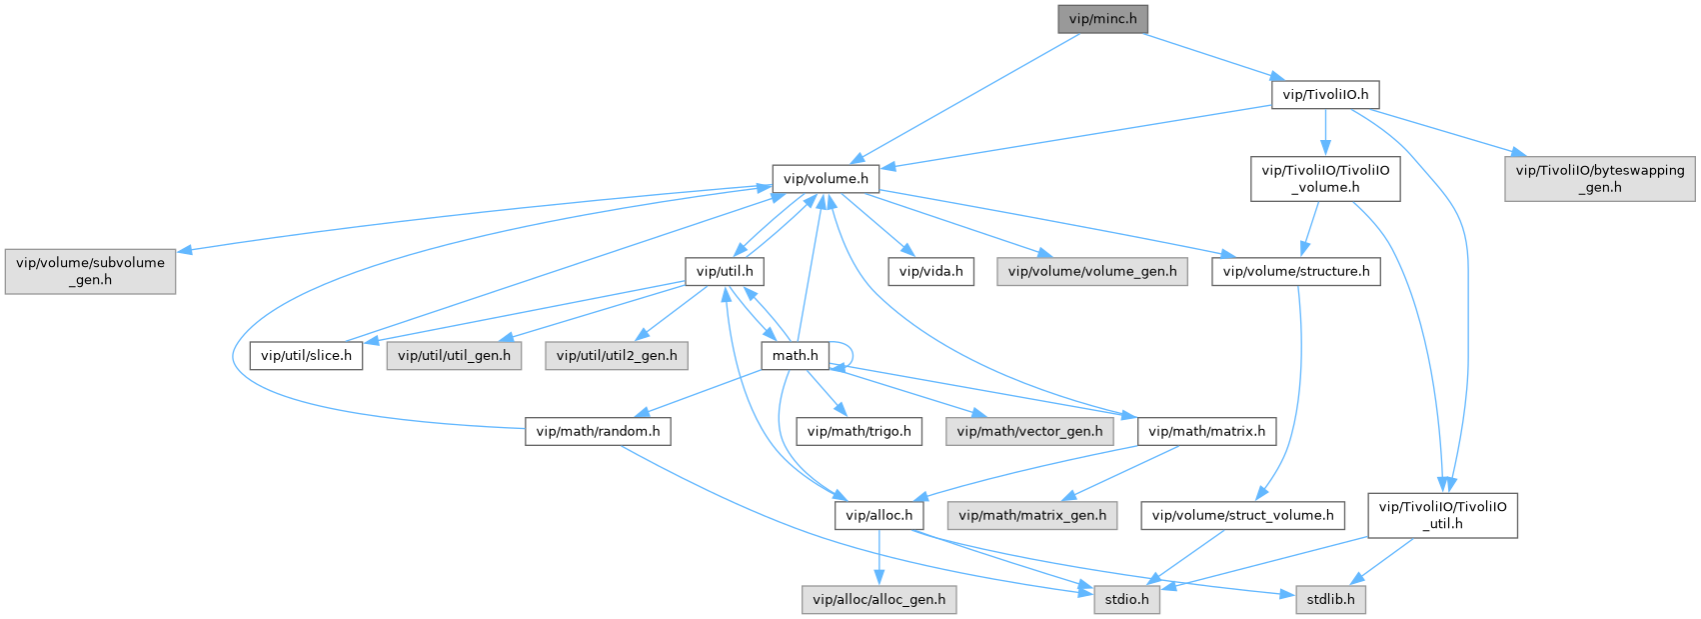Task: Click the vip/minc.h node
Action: [x=1103, y=19]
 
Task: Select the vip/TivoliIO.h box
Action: [x=1325, y=95]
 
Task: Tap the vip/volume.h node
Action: [x=825, y=179]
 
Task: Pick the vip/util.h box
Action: [x=724, y=271]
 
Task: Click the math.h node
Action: [x=795, y=355]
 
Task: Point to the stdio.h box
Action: [x=1126, y=600]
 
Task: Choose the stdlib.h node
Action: [x=1330, y=600]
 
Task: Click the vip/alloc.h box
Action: [x=878, y=516]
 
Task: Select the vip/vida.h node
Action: [x=930, y=271]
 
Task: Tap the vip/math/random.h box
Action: [x=598, y=432]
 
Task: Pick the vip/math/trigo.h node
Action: [x=858, y=432]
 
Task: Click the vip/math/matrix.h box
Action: [x=1206, y=432]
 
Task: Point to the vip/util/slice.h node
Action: [x=306, y=355]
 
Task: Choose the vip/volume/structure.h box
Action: [x=1296, y=271]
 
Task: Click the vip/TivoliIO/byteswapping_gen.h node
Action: [x=1600, y=179]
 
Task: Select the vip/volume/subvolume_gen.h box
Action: [x=90, y=271]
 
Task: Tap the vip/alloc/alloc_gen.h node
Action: [x=878, y=600]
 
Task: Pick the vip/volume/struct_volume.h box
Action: [x=1242, y=516]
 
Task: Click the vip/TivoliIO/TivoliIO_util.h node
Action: [x=1442, y=515]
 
